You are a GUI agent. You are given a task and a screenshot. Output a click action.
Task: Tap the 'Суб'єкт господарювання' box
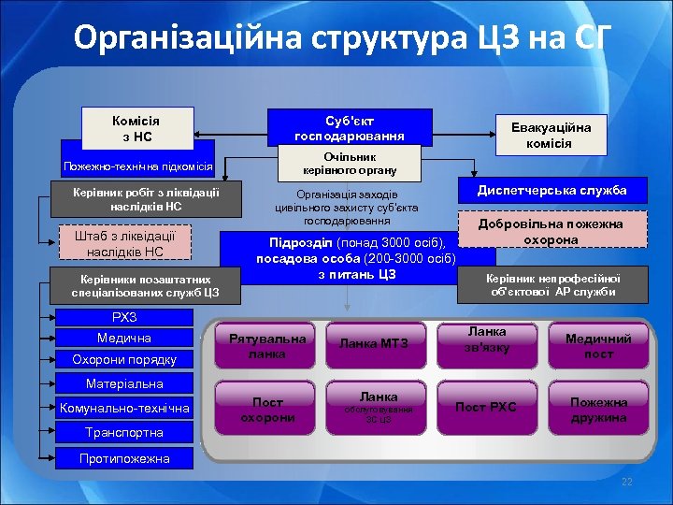(x=350, y=128)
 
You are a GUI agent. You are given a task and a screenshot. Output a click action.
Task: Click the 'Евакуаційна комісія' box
(x=549, y=134)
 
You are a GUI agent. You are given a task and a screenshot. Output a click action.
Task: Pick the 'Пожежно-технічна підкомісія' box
(x=137, y=166)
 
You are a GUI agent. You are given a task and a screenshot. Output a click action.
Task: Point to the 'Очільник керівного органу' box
(x=350, y=164)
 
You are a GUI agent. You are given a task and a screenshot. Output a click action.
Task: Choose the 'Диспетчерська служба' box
(x=551, y=191)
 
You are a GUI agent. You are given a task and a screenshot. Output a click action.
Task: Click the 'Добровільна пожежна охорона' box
(x=551, y=232)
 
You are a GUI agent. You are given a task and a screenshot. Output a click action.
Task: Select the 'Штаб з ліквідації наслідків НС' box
(x=124, y=243)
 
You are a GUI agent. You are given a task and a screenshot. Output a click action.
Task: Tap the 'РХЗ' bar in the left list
(x=124, y=317)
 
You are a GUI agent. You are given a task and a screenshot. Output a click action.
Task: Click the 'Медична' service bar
(x=124, y=338)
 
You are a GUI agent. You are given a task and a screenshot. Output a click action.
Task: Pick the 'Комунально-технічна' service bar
(x=124, y=408)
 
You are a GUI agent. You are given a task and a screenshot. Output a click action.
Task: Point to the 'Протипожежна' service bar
(x=124, y=458)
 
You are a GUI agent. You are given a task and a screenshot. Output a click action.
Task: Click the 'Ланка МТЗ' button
(x=374, y=345)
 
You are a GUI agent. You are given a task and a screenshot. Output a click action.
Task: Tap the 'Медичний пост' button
(x=598, y=346)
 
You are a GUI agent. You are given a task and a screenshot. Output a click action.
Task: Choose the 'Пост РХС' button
(x=486, y=407)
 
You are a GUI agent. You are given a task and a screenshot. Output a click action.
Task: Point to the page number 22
(x=627, y=481)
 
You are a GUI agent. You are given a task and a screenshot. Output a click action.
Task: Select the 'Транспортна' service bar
(x=124, y=432)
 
